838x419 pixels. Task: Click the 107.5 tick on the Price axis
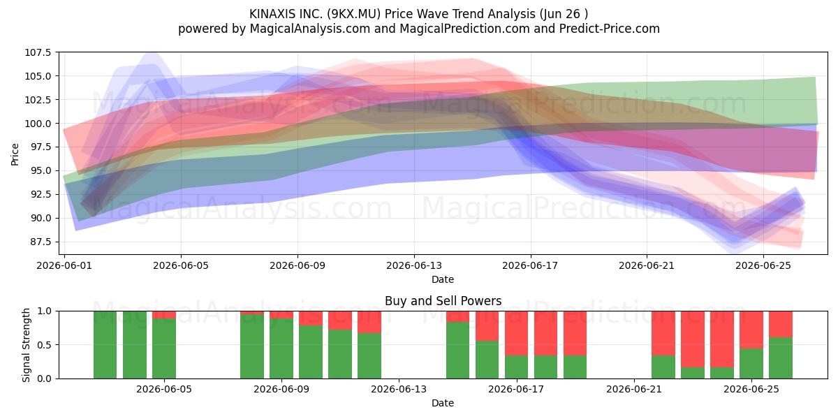(38, 52)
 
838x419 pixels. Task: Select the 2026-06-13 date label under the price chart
(413, 265)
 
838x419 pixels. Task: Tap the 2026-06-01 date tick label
(64, 265)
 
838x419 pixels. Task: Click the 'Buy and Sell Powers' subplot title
(443, 301)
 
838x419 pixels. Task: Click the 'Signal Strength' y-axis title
(26, 345)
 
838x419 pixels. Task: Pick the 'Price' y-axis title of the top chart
(15, 154)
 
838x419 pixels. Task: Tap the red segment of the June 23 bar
(693, 339)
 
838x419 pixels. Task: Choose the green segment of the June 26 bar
(781, 358)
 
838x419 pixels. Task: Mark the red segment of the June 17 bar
(517, 333)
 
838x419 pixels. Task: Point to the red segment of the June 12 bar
(369, 322)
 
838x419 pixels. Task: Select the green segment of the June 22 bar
(663, 367)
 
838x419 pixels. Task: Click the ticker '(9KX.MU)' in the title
(353, 14)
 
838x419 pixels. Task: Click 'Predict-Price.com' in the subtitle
(610, 29)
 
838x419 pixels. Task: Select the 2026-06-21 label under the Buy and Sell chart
(634, 389)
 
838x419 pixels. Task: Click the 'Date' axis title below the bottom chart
(443, 403)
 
